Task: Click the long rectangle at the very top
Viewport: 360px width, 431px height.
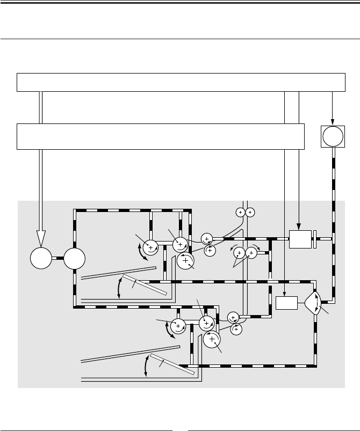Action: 181,82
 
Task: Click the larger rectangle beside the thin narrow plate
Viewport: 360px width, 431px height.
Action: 300,239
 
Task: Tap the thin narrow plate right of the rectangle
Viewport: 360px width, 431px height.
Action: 315,239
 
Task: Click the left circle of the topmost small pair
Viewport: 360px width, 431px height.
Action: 241,212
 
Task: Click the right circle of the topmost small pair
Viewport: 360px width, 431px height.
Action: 251,212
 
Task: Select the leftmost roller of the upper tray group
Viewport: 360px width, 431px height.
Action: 151,247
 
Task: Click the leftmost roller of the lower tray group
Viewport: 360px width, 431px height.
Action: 177,324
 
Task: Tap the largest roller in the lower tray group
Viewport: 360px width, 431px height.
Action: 212,339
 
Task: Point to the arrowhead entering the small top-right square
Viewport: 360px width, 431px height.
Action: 333,122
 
